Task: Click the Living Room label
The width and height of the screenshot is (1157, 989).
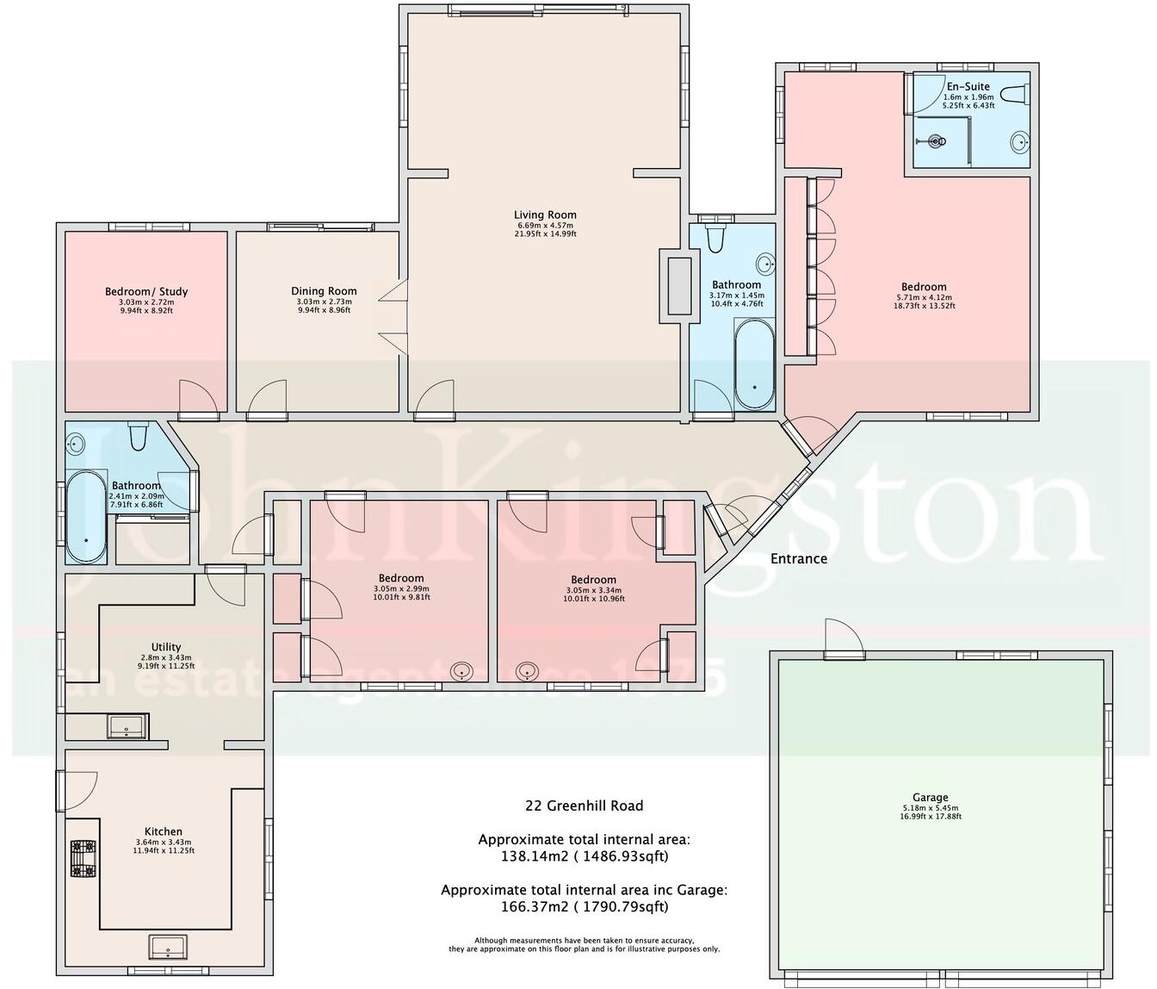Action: click(x=545, y=215)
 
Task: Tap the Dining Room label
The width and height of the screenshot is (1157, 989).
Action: click(x=324, y=291)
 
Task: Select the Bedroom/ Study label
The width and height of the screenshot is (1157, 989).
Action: click(x=146, y=291)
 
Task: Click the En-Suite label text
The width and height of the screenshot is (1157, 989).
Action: click(x=968, y=86)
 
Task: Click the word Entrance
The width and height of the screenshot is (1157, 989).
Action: click(x=798, y=558)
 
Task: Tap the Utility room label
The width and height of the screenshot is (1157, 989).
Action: click(x=166, y=647)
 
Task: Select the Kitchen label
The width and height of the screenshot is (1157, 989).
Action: click(x=164, y=831)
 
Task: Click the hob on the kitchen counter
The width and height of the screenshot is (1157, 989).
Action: click(x=83, y=859)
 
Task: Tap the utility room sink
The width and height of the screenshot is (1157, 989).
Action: click(x=127, y=726)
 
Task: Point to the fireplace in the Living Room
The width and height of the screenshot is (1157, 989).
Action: click(x=675, y=286)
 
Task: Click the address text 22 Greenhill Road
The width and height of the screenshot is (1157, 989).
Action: click(x=584, y=806)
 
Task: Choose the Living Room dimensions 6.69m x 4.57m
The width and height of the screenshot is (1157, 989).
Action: click(x=545, y=226)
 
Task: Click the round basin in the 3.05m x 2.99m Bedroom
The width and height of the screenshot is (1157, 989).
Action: click(x=463, y=670)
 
